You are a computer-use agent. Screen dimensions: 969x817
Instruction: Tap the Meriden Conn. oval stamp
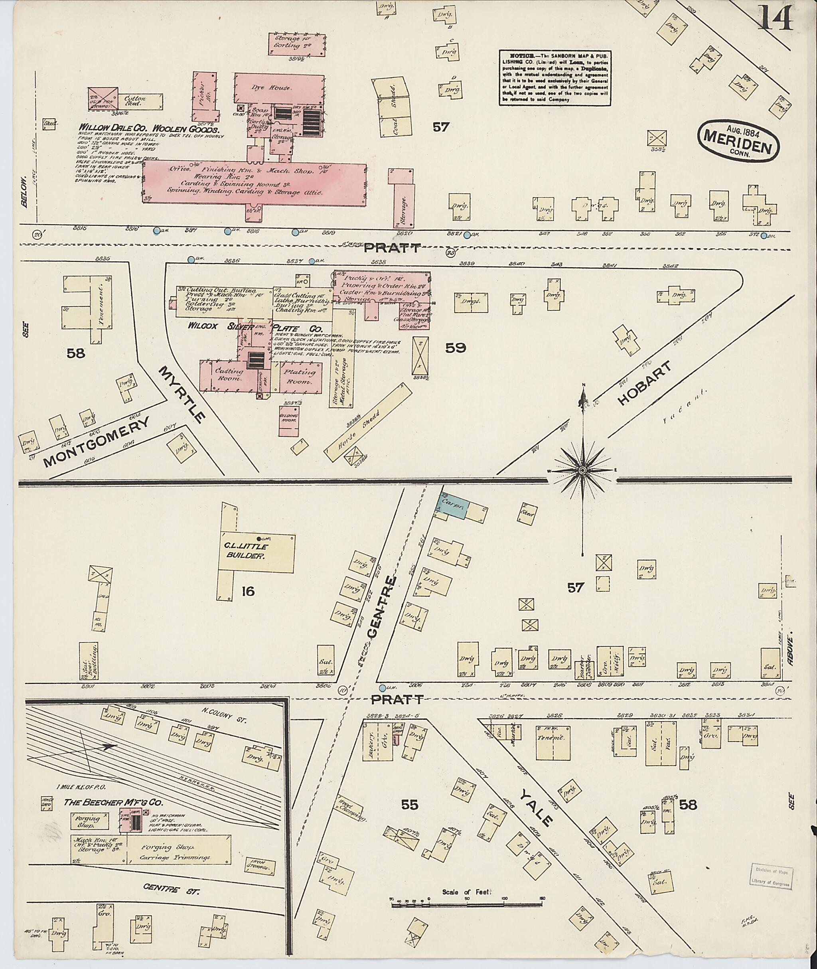tap(738, 141)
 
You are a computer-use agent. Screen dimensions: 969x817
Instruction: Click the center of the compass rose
tap(582, 471)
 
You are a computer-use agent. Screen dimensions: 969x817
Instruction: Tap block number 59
tap(455, 348)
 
